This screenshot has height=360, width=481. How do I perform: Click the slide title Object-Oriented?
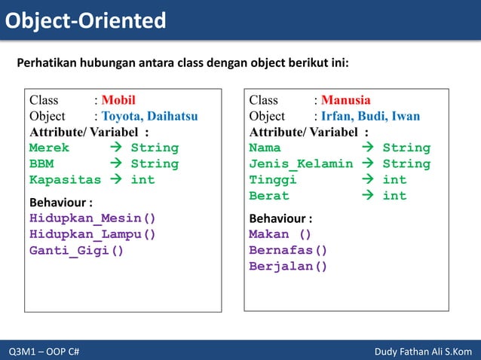[x=86, y=20]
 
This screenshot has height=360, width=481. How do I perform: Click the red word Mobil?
[x=118, y=100]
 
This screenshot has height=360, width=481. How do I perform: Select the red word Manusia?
[x=345, y=100]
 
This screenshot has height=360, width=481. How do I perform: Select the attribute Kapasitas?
[x=65, y=180]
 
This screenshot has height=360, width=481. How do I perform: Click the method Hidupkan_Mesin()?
[x=92, y=218]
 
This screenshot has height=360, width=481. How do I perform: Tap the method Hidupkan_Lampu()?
[x=92, y=234]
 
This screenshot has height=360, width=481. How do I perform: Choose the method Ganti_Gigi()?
[x=76, y=250]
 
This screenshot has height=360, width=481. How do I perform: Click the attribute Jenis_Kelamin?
[x=301, y=163]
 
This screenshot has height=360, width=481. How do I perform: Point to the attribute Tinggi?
[x=273, y=180]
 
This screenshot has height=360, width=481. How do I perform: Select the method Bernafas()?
[x=288, y=250]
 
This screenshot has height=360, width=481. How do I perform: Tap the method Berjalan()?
[x=288, y=266]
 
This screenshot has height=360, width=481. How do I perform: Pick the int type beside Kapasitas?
[x=142, y=180]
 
